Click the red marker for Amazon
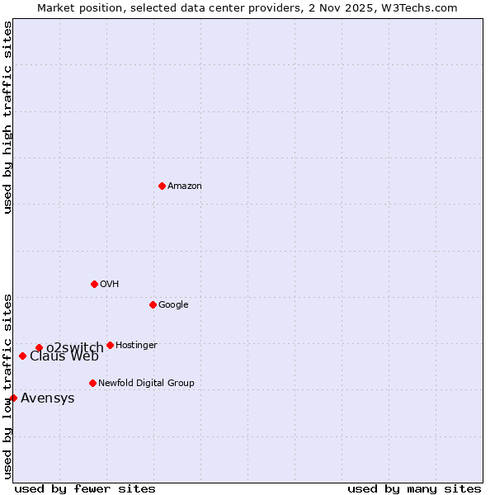[162, 186]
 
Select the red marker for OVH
[94, 284]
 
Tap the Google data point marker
[153, 304]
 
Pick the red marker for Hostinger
[110, 345]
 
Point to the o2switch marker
[39, 347]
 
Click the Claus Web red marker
[22, 356]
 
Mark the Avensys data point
[13, 398]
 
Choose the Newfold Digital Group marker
[92, 383]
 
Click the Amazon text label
[185, 186]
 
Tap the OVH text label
[110, 285]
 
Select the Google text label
[173, 305]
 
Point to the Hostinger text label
[136, 346]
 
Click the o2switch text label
[75, 347]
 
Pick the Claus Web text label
[64, 356]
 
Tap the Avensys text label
[48, 398]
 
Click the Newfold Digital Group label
[146, 384]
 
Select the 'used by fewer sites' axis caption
[85, 488]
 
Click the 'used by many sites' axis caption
[414, 488]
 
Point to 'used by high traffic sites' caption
[7, 117]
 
